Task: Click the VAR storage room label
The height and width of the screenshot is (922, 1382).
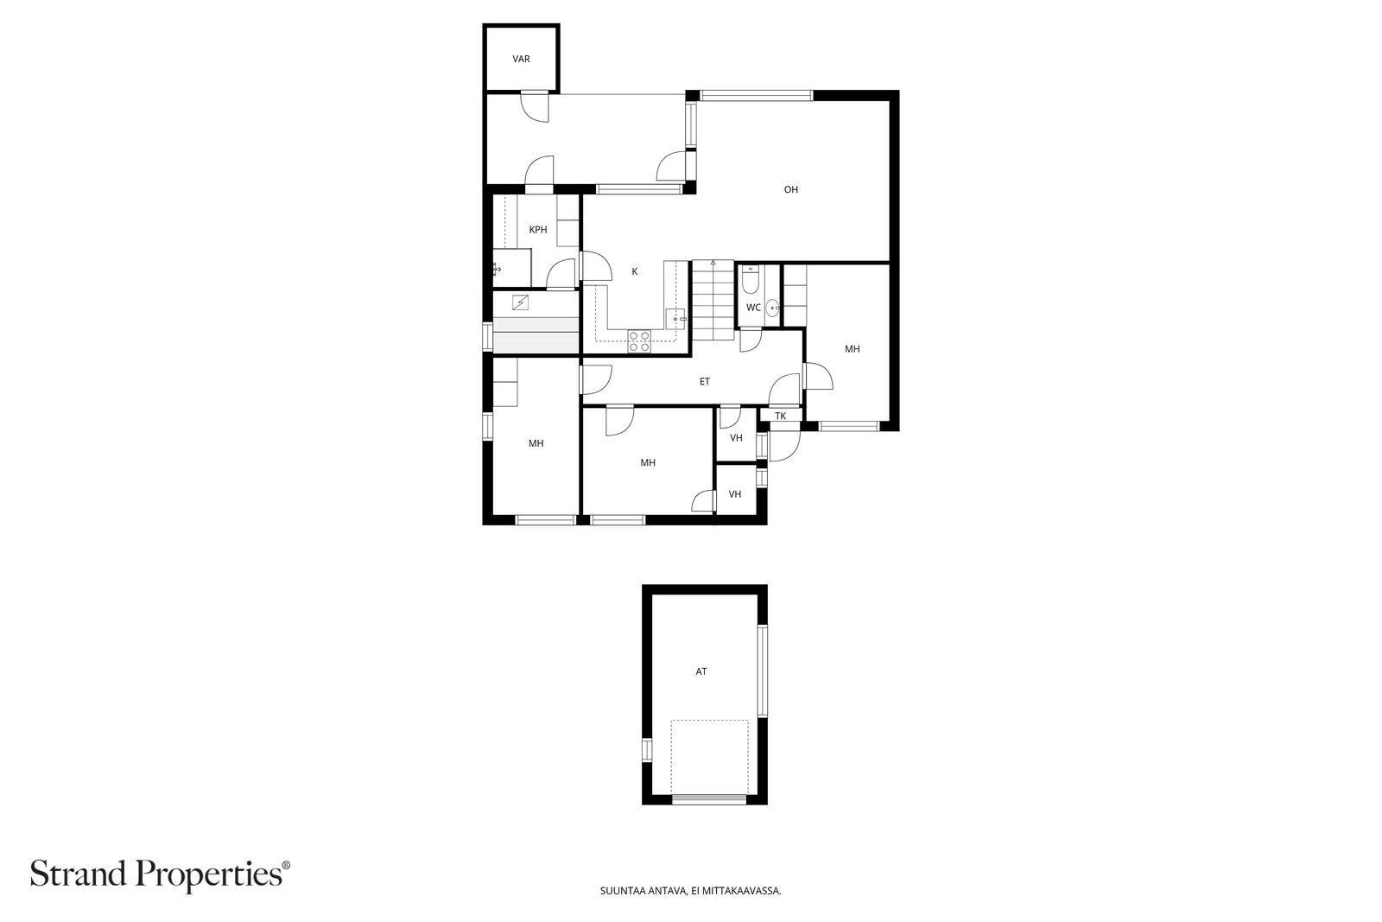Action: click(x=522, y=60)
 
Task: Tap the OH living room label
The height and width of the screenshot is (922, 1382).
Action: click(x=791, y=189)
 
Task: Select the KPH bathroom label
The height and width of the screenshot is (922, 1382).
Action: click(x=538, y=230)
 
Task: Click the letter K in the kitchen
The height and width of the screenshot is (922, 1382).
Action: click(x=635, y=271)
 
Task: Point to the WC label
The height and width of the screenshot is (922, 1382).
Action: click(x=753, y=308)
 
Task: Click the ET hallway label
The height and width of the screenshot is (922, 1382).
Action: click(x=705, y=381)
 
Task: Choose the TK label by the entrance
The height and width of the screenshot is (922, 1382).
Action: click(x=781, y=416)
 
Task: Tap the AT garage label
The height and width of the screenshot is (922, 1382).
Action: click(x=701, y=671)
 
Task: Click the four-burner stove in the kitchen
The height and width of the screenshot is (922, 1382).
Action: click(x=639, y=342)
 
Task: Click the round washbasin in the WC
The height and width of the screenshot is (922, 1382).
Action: click(x=772, y=307)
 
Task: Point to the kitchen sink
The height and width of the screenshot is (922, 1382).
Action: click(x=676, y=319)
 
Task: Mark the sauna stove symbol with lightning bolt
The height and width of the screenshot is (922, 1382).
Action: click(x=521, y=302)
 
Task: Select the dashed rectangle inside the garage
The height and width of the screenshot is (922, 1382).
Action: click(x=709, y=758)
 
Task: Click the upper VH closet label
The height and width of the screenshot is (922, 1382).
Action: click(x=736, y=438)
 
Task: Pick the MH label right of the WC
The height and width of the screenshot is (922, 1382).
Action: click(x=852, y=349)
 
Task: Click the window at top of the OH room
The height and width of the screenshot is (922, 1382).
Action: click(x=757, y=96)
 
